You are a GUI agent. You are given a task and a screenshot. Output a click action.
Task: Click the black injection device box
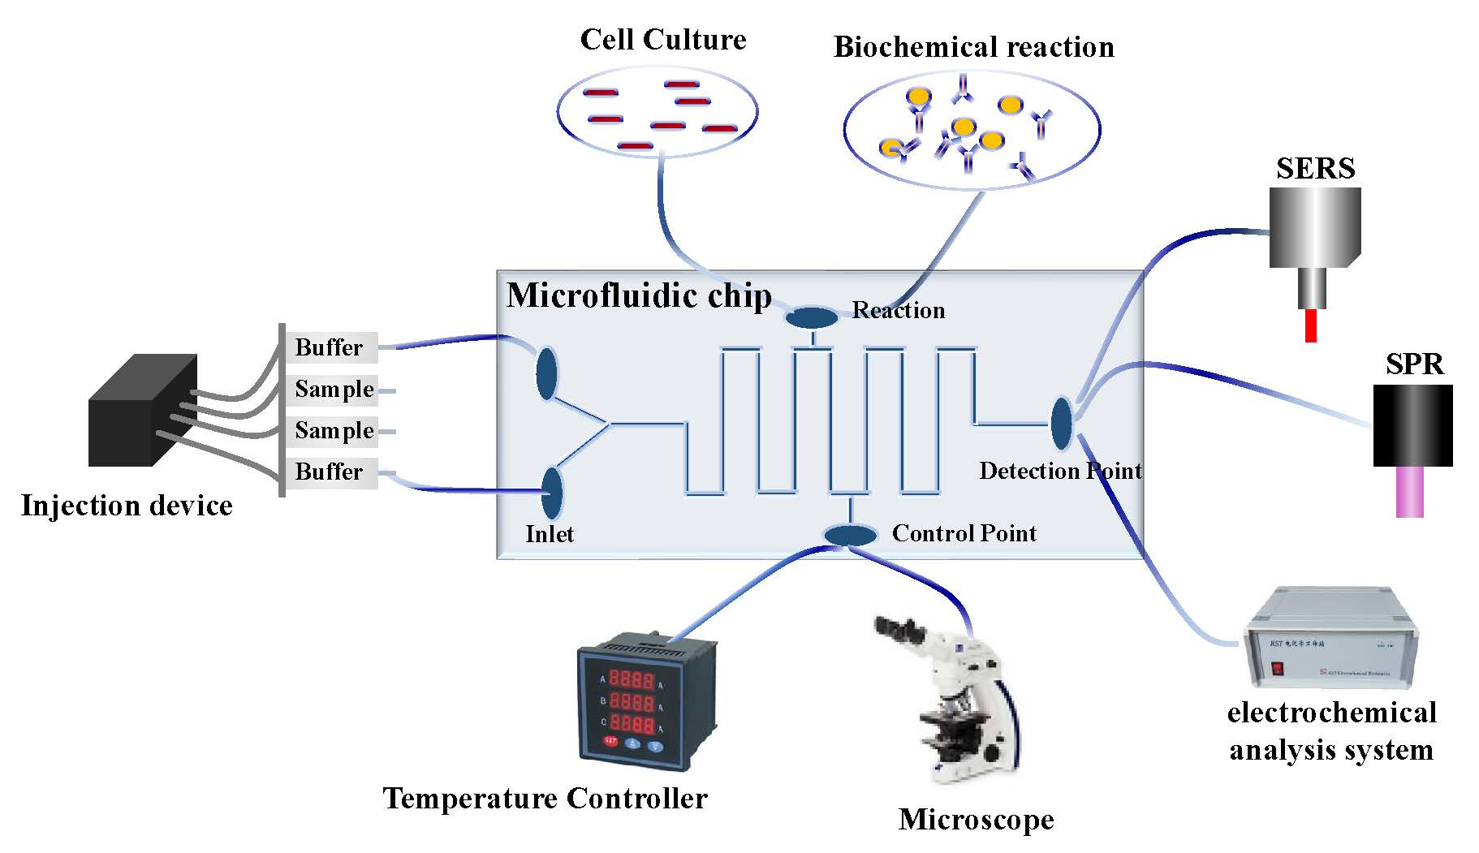[141, 414]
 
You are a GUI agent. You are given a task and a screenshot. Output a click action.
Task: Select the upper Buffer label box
[330, 347]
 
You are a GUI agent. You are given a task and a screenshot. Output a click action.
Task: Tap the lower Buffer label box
[330, 472]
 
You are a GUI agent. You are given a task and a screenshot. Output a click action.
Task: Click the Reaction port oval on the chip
[812, 317]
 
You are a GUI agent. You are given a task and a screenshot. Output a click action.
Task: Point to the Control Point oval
[850, 535]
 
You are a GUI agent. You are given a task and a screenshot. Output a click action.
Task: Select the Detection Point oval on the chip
[1061, 423]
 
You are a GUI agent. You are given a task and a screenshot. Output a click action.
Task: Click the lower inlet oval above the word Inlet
[552, 492]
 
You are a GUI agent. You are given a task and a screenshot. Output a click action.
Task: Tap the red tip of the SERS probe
[1309, 325]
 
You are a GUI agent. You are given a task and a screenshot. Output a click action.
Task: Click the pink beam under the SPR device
[1409, 492]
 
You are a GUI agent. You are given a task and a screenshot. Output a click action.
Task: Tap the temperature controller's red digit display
[632, 700]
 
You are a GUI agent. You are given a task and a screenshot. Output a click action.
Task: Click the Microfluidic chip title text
[639, 295]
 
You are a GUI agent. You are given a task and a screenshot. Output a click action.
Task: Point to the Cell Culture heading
[662, 40]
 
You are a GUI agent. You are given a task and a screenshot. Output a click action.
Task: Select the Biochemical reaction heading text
[973, 47]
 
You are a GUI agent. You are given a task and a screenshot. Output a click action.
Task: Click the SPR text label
[1414, 364]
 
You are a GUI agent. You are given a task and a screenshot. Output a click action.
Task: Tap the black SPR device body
[1412, 425]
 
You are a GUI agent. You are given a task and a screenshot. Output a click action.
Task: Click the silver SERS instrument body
[1314, 228]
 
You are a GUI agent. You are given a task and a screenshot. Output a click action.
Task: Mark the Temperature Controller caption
[545, 799]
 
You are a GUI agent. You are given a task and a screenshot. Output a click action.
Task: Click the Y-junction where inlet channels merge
[610, 423]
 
